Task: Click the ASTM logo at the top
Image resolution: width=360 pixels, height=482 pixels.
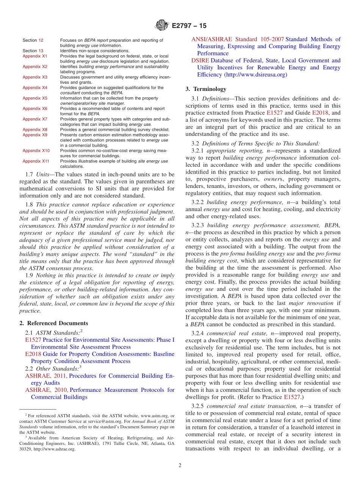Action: pyautogui.click(x=162, y=26)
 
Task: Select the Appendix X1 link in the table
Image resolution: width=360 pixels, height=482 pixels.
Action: pyautogui.click(x=34, y=56)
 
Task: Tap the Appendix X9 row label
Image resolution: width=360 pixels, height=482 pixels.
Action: pyautogui.click(x=34, y=135)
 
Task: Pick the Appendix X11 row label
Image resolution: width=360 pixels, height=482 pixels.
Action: pyautogui.click(x=36, y=161)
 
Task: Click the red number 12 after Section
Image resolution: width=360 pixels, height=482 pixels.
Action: pyautogui.click(x=41, y=40)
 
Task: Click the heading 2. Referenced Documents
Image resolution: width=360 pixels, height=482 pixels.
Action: pyautogui.click(x=54, y=323)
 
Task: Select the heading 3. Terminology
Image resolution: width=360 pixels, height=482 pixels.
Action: pyautogui.click(x=206, y=89)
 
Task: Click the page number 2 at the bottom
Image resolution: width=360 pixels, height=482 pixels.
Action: pyautogui.click(x=180, y=465)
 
